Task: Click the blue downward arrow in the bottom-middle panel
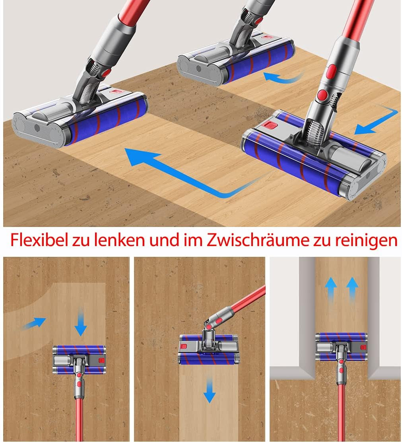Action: [210, 391]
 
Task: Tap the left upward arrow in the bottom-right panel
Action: [331, 290]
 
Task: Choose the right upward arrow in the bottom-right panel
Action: [352, 290]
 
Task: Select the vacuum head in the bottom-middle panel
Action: [209, 349]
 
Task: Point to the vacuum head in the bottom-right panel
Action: [342, 346]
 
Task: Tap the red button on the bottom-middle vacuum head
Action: [184, 346]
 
